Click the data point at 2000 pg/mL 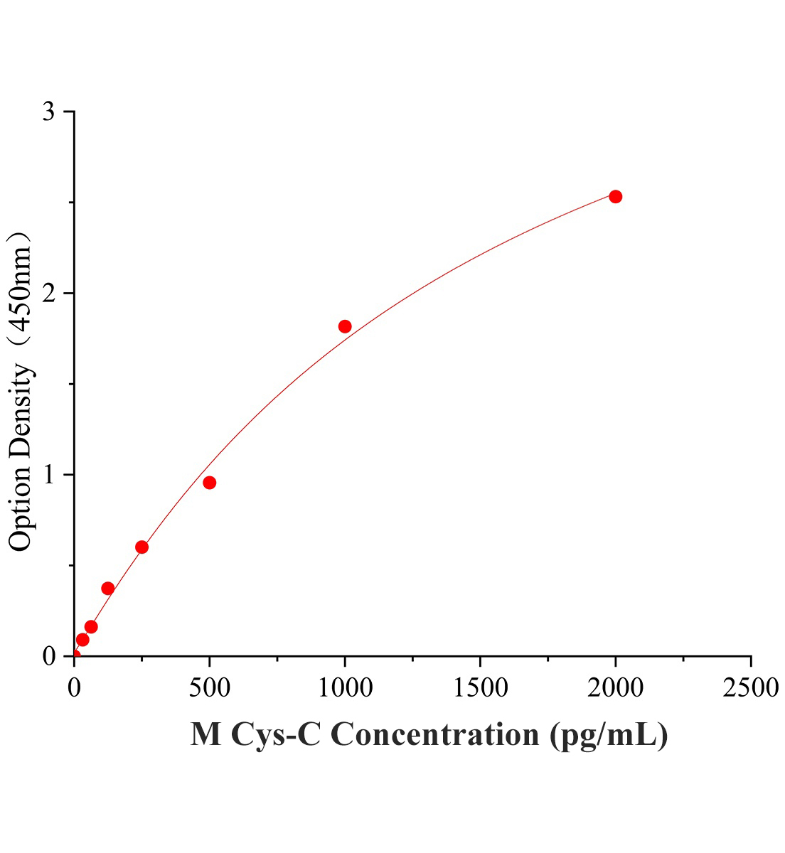pos(616,196)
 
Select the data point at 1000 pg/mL pos(345,326)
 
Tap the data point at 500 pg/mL pos(209,483)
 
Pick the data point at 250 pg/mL pos(141,547)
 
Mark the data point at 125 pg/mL pos(108,588)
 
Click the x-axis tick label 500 pos(209,687)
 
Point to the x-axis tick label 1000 pos(345,687)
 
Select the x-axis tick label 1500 pos(480,687)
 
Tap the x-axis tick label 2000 pos(616,687)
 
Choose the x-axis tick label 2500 pos(751,687)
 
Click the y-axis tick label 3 pos(48,112)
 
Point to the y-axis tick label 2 pos(48,294)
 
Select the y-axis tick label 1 pos(48,475)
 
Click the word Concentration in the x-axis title pos(434,734)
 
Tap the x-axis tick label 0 pos(74,687)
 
